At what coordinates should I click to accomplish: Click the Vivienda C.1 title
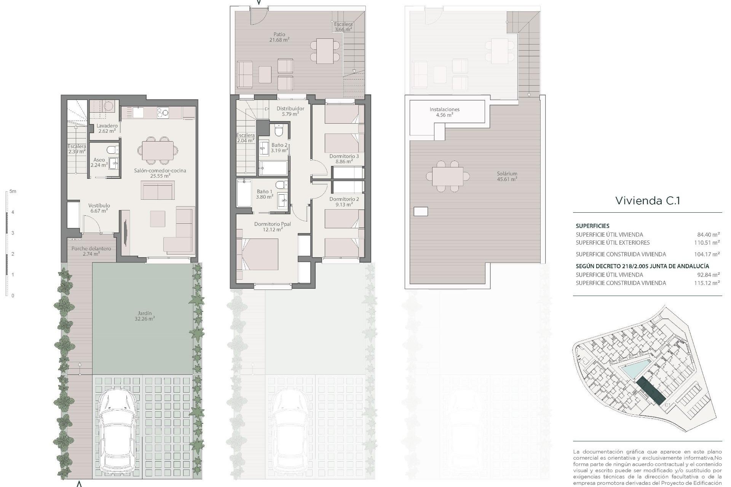647,201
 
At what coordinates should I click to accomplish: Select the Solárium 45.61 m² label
507,176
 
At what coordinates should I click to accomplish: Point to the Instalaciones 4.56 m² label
444,112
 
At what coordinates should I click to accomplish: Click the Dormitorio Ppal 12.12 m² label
272,226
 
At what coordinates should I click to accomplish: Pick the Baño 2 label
279,148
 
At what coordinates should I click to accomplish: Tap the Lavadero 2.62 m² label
107,128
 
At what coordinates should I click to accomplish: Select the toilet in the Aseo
112,150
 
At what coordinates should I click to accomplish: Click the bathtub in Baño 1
244,193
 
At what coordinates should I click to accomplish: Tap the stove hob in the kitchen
163,112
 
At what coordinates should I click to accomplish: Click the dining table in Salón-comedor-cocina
158,150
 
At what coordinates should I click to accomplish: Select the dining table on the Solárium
447,176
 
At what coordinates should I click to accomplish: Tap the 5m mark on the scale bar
13,192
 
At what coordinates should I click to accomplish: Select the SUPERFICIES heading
592,226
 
